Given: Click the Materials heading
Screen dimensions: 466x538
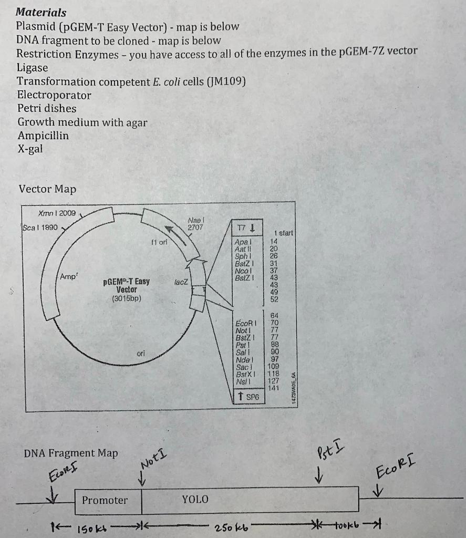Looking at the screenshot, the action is [42, 12].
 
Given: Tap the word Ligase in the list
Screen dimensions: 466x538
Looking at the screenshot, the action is [32, 68].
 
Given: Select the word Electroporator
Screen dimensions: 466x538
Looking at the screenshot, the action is [54, 95].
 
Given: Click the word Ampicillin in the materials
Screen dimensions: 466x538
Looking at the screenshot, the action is [43, 136].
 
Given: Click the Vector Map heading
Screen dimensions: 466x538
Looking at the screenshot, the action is [47, 189].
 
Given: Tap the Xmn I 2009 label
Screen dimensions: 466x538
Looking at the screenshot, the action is [57, 214].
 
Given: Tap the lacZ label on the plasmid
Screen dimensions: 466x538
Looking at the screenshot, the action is [180, 283].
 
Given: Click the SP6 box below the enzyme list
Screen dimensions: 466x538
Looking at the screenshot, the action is [250, 398].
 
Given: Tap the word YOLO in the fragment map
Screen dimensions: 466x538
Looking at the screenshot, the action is [195, 499].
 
